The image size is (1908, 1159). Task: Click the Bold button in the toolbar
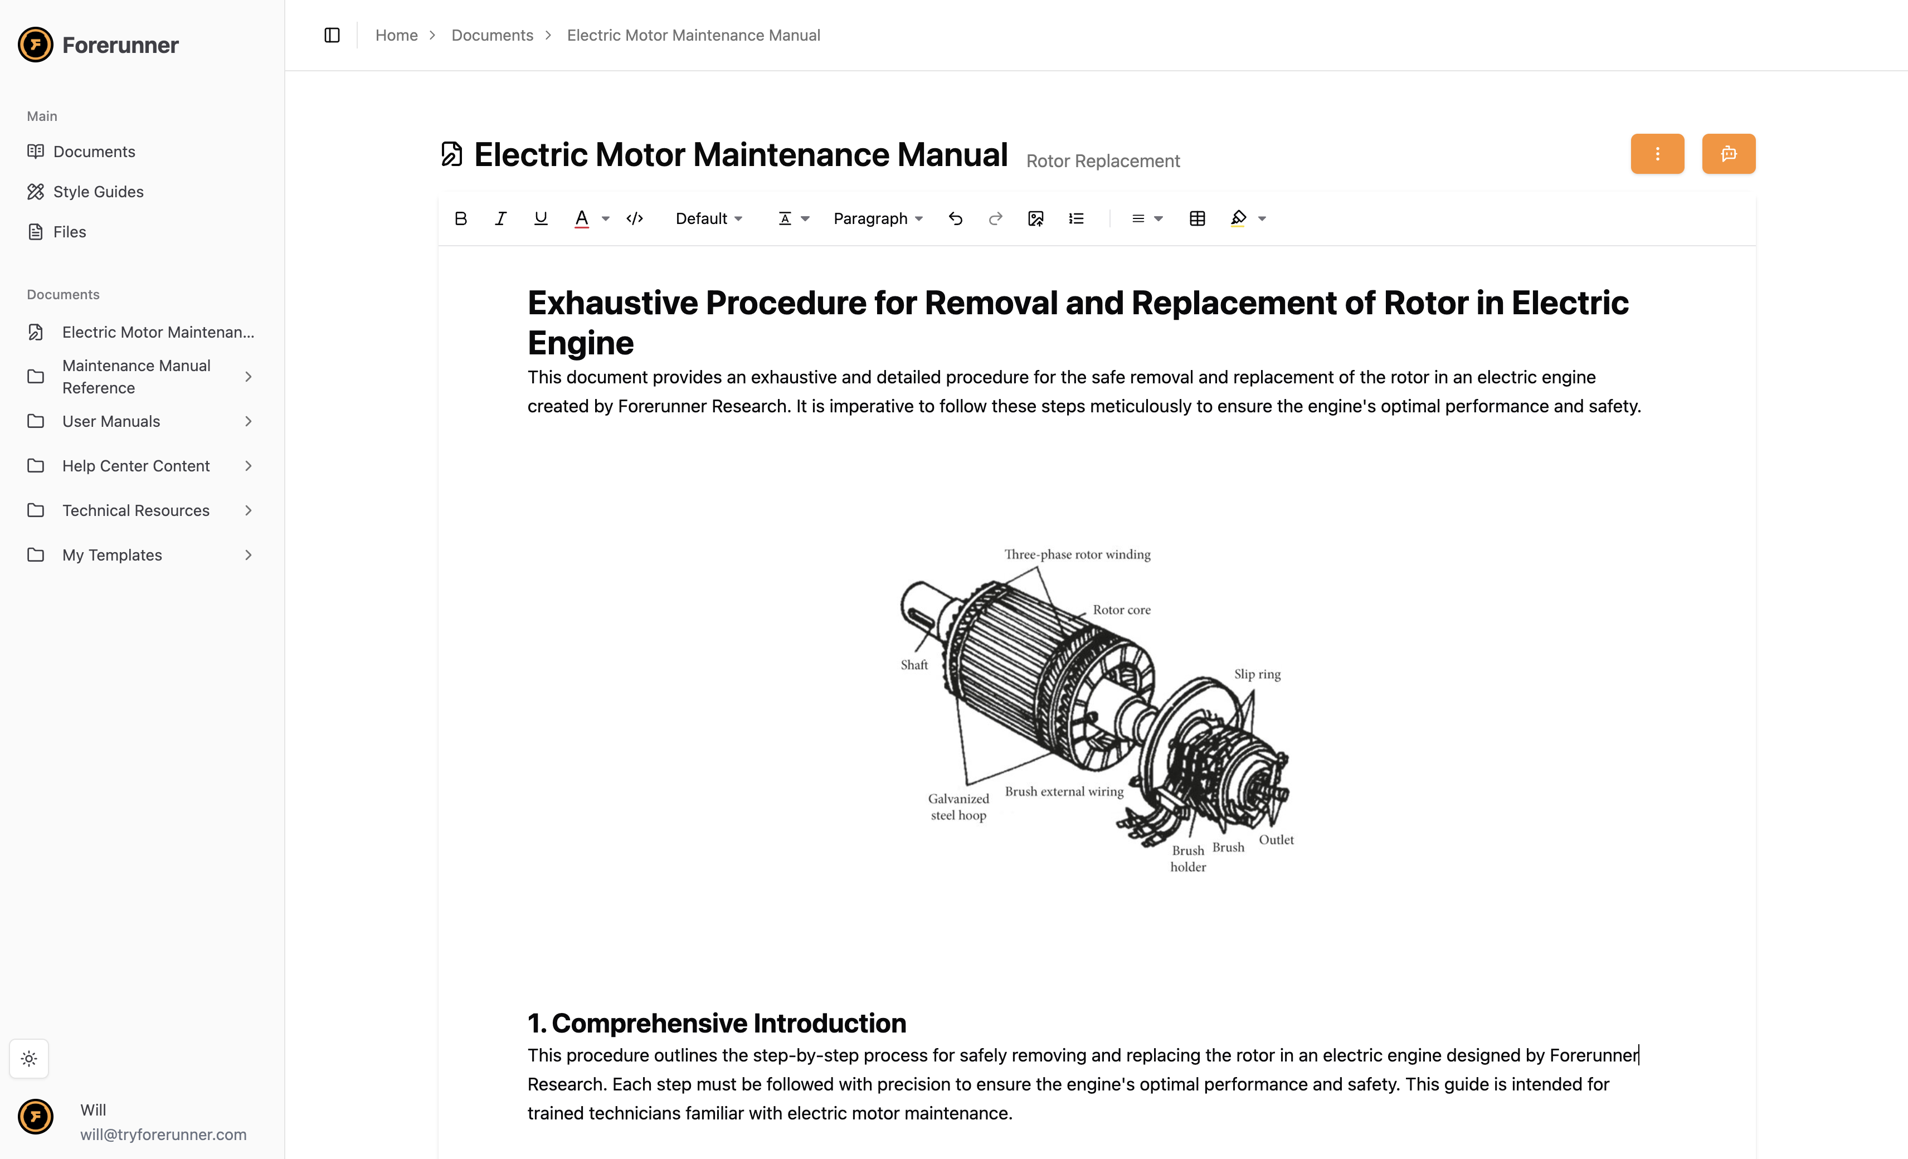pos(461,218)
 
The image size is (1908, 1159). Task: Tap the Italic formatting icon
pos(501,218)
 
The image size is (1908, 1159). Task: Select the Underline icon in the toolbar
pos(541,218)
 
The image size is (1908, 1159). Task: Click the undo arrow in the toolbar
pos(956,218)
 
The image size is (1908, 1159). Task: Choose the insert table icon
pos(1197,218)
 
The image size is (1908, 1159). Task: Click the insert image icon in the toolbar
pos(1036,218)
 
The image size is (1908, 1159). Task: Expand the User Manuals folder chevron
pos(249,421)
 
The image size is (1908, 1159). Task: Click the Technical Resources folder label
pos(135,510)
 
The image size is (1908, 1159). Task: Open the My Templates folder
pos(111,555)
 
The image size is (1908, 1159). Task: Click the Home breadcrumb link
pos(396,35)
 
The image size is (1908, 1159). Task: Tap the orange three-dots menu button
pos(1657,153)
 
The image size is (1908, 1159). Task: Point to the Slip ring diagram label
pos(1257,674)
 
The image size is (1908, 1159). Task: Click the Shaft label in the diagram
pos(914,665)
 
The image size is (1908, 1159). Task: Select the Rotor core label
pos(1121,610)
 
